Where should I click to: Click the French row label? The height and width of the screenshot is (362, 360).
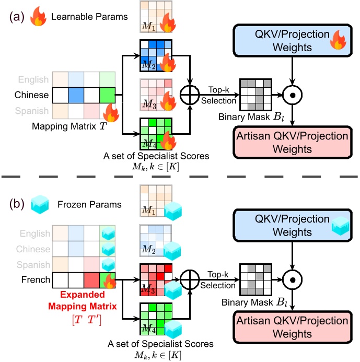pyautogui.click(x=36, y=279)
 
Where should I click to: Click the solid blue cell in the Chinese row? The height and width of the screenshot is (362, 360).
pyautogui.click(x=76, y=96)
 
